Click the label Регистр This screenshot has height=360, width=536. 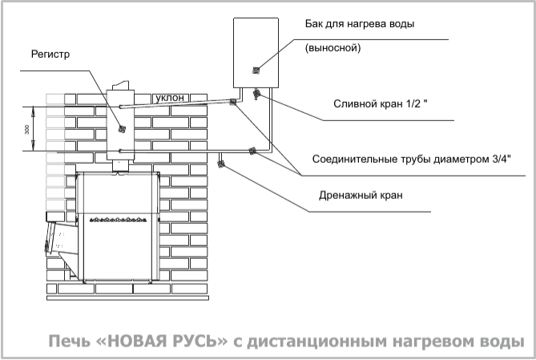(50, 55)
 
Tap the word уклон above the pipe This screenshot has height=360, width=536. (170, 98)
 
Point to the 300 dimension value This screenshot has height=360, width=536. (27, 129)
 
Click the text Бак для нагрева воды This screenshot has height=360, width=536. (360, 24)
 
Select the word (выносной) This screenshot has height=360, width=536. (333, 47)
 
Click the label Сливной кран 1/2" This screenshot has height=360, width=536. (380, 103)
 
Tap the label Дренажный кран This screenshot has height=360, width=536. (361, 196)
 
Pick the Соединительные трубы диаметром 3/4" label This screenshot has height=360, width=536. (412, 159)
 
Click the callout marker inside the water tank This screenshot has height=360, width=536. (256, 70)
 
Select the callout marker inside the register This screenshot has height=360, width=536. (122, 129)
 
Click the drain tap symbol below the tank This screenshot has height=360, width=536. (256, 94)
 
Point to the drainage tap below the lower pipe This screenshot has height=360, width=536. (221, 164)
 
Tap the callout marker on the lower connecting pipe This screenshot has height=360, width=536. (252, 151)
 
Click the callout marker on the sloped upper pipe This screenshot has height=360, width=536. (233, 102)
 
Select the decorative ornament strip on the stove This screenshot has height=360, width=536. (118, 220)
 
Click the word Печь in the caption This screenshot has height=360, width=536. (69, 342)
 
